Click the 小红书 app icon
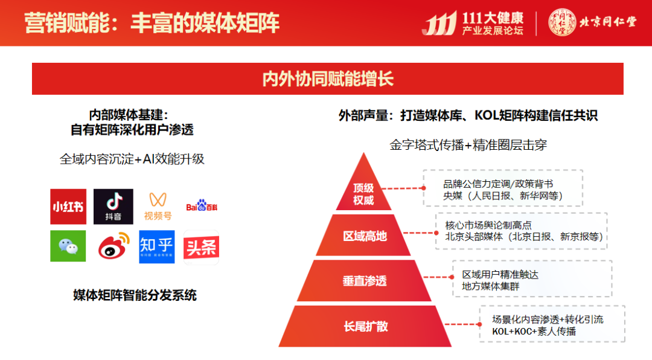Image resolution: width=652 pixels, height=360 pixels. pyautogui.click(x=68, y=207)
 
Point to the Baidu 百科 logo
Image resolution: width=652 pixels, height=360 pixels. pyautogui.click(x=201, y=207)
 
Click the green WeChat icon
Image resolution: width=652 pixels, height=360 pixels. pyautogui.click(x=68, y=246)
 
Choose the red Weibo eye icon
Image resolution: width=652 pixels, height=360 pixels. pyautogui.click(x=113, y=246)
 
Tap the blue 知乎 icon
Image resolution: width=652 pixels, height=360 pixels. pyautogui.click(x=157, y=246)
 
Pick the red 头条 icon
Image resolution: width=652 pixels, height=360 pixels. pyautogui.click(x=201, y=247)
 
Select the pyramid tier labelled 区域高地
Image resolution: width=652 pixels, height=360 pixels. pyautogui.click(x=365, y=236)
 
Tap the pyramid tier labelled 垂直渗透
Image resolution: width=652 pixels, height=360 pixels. pyautogui.click(x=365, y=281)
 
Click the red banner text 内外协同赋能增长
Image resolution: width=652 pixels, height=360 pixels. pyautogui.click(x=327, y=79)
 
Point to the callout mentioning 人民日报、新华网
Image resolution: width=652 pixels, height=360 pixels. pyautogui.click(x=503, y=196)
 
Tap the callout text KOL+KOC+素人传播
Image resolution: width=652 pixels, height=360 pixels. pyautogui.click(x=534, y=331)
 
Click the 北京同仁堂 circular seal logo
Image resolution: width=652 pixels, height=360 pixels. pyautogui.click(x=561, y=22)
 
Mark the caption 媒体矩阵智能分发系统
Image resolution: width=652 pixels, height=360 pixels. pyautogui.click(x=135, y=295)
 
